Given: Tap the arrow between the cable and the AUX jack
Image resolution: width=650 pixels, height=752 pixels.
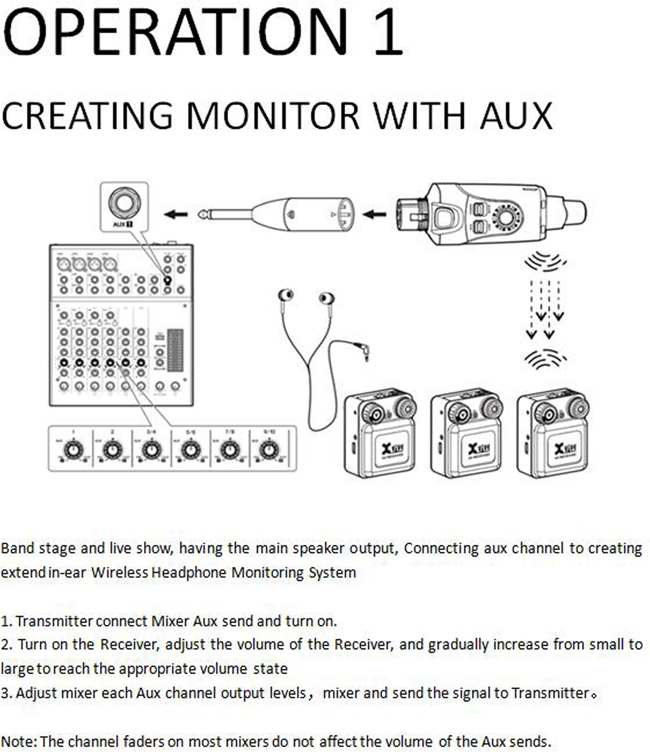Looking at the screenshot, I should point(176,215).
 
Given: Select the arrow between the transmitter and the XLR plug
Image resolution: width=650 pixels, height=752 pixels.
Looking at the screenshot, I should point(374,215).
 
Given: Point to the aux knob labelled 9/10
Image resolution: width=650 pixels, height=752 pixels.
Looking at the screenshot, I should point(269,450).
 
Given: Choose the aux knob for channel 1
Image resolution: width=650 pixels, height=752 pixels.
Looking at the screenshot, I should point(73,450).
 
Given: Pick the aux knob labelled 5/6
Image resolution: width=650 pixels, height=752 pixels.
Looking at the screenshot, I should point(191,450).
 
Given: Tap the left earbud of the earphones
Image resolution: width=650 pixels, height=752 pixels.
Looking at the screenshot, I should point(286,295).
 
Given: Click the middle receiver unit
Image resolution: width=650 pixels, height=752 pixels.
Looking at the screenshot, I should point(466,434).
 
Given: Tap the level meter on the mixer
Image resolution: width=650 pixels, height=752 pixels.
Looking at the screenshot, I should point(175,351).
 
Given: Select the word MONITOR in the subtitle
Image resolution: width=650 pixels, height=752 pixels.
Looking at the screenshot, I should point(272,116).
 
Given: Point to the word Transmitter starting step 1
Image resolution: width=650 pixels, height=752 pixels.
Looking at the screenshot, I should point(54,621).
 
